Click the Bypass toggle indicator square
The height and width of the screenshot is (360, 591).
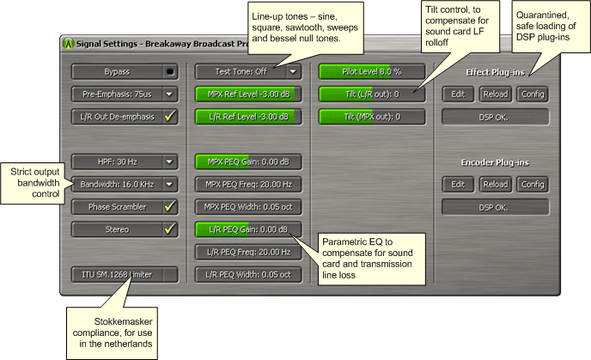pyautogui.click(x=170, y=71)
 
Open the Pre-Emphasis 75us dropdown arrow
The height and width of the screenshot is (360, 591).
pyautogui.click(x=169, y=95)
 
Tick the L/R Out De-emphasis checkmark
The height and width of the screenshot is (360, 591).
pyautogui.click(x=170, y=117)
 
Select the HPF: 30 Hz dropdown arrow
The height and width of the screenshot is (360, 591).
pyautogui.click(x=169, y=162)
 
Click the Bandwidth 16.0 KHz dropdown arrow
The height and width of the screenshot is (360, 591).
pyautogui.click(x=169, y=185)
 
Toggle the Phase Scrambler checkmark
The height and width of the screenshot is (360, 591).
pyautogui.click(x=170, y=206)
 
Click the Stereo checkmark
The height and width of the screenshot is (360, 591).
pyautogui.click(x=170, y=229)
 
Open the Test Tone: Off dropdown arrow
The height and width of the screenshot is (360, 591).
pyautogui.click(x=293, y=71)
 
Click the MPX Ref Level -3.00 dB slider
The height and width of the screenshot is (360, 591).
pyautogui.click(x=248, y=95)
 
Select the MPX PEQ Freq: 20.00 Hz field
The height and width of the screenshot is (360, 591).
pyautogui.click(x=248, y=185)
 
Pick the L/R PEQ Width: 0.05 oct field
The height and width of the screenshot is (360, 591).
pyautogui.click(x=248, y=274)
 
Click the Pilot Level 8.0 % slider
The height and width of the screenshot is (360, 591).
pyautogui.click(x=372, y=71)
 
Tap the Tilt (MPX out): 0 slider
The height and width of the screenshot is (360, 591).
pyautogui.click(x=372, y=117)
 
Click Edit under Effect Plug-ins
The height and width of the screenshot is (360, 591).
pyautogui.click(x=458, y=95)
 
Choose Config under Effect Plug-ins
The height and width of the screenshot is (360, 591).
pyautogui.click(x=533, y=95)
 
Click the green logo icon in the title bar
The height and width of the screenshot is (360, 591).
pyautogui.click(x=68, y=43)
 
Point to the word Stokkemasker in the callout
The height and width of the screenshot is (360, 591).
pyautogui.click(x=123, y=321)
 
